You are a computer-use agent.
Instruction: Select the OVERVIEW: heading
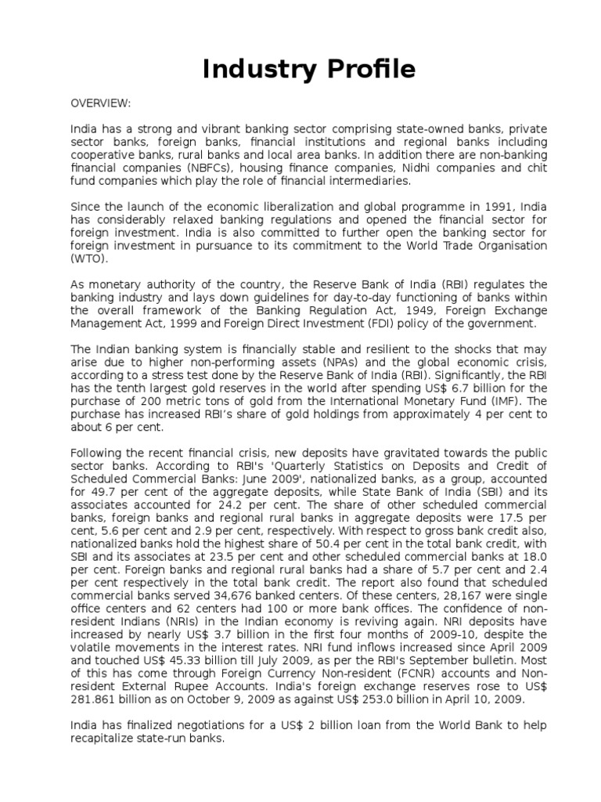(101, 103)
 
